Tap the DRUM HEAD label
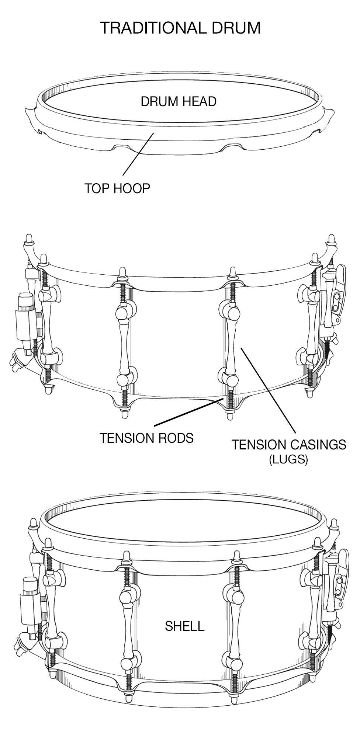[179, 101]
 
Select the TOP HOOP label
[117, 188]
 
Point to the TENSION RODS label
[146, 438]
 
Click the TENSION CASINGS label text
[289, 445]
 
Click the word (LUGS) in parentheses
[288, 459]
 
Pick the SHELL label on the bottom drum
[184, 626]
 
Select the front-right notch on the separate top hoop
[231, 147]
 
